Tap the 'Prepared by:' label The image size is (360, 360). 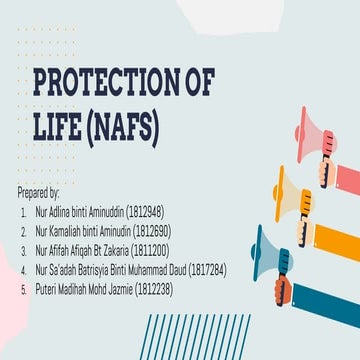[39, 190]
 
